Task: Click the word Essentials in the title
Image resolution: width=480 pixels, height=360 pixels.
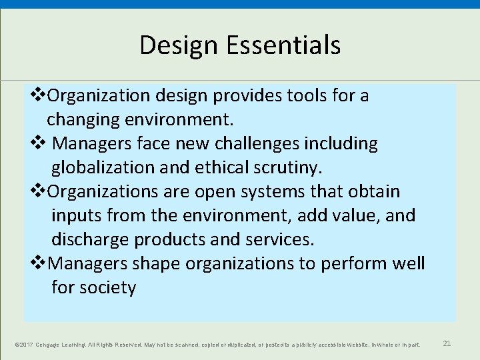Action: [284, 45]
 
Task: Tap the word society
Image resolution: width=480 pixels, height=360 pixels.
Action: [107, 288]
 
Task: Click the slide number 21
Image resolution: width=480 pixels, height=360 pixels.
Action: [447, 344]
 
